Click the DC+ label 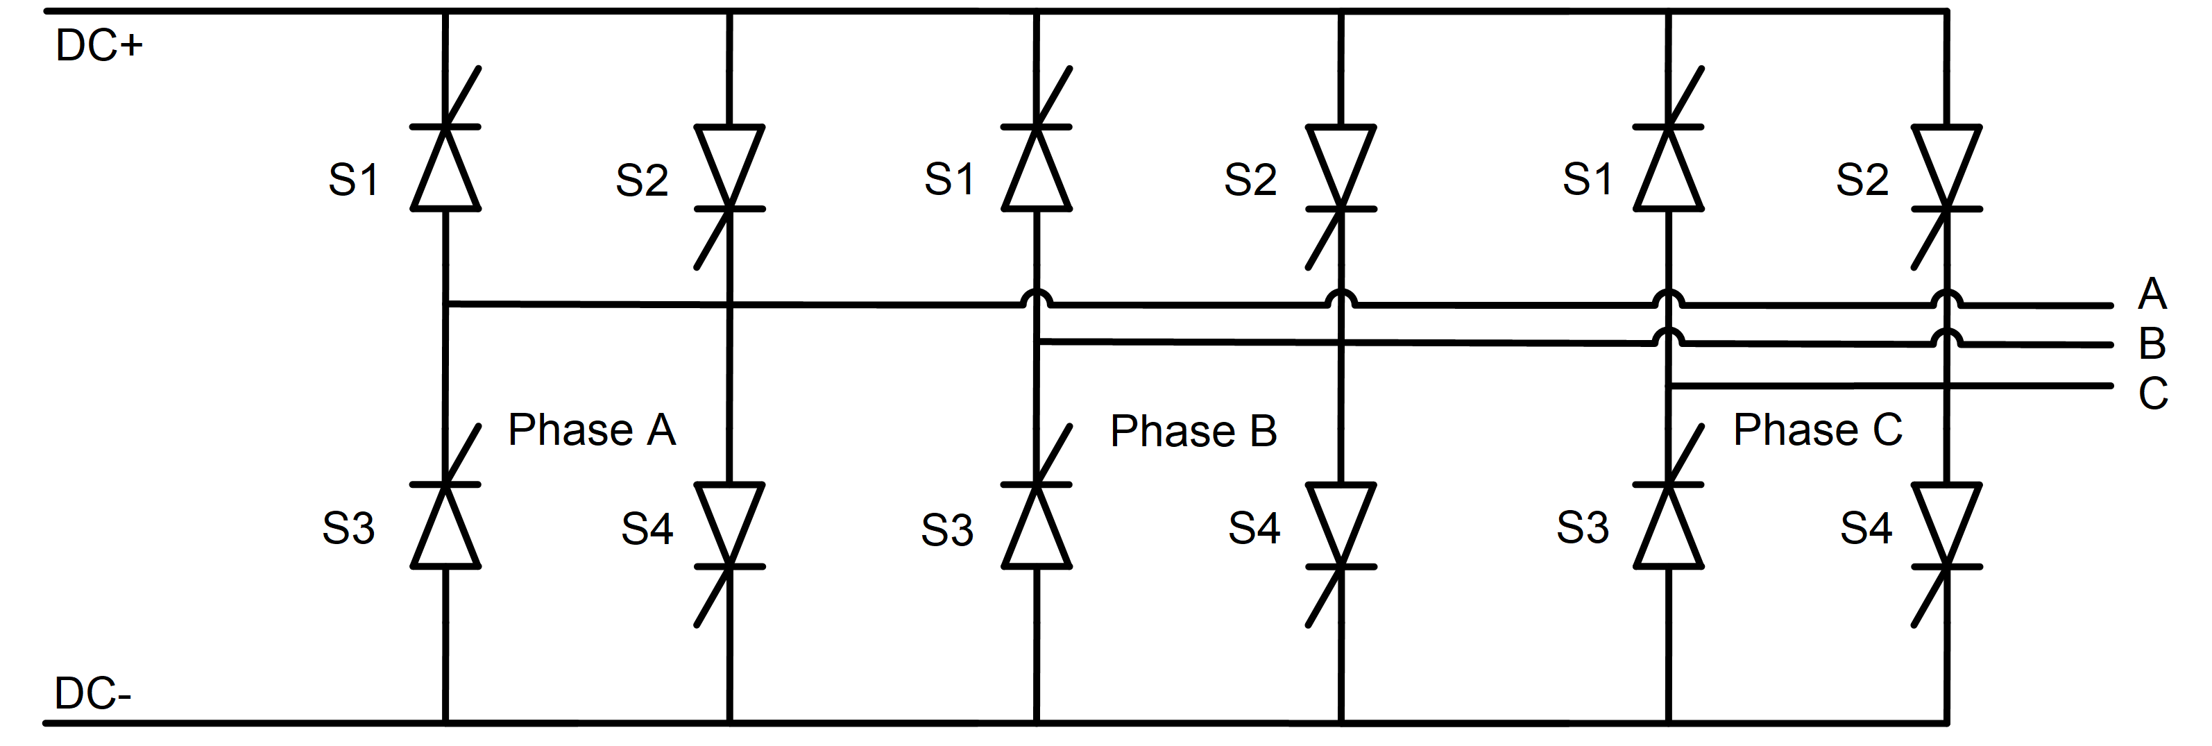point(99,46)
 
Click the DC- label point(93,693)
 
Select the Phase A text point(592,430)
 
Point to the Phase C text point(1818,430)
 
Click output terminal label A point(2152,294)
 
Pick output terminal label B point(2152,344)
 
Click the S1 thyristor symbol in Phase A point(445,167)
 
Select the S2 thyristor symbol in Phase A point(729,167)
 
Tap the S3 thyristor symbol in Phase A point(445,525)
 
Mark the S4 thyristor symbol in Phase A point(729,525)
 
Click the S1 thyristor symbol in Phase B point(1037,167)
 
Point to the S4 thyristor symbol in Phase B point(1341,525)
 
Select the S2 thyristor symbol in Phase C point(1947,167)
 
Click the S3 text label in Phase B point(947,529)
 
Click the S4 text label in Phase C point(1866,528)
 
